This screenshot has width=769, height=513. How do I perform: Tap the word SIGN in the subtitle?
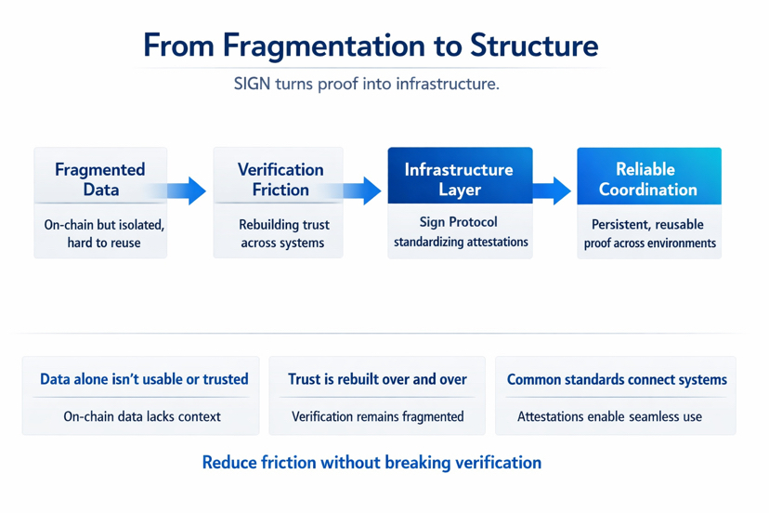click(x=252, y=85)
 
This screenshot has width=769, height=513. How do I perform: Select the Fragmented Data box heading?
click(x=100, y=179)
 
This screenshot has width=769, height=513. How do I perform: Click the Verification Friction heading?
click(x=280, y=179)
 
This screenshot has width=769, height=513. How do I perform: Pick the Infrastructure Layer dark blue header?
click(x=459, y=179)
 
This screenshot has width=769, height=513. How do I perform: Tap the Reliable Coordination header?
click(x=647, y=179)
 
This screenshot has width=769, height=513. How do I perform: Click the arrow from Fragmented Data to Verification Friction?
click(x=189, y=191)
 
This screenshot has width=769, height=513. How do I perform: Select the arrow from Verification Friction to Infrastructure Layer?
click(x=364, y=191)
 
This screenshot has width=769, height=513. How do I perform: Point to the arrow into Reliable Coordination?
click(x=554, y=191)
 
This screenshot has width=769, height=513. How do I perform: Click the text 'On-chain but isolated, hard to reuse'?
click(x=102, y=233)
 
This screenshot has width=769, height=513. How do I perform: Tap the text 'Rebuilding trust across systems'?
click(x=282, y=233)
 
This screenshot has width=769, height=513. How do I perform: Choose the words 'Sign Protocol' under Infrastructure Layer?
click(x=460, y=222)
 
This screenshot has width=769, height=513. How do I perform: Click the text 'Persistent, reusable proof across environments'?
click(x=648, y=233)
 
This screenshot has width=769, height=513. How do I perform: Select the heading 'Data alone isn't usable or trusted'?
click(x=144, y=379)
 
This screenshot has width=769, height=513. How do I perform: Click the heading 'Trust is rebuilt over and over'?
click(x=377, y=379)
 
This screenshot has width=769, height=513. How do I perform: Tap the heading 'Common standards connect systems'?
click(x=617, y=379)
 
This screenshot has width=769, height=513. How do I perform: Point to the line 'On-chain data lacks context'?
click(x=142, y=416)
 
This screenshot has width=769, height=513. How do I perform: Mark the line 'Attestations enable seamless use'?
click(x=609, y=416)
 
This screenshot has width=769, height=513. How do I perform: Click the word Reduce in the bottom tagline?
click(x=229, y=462)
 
